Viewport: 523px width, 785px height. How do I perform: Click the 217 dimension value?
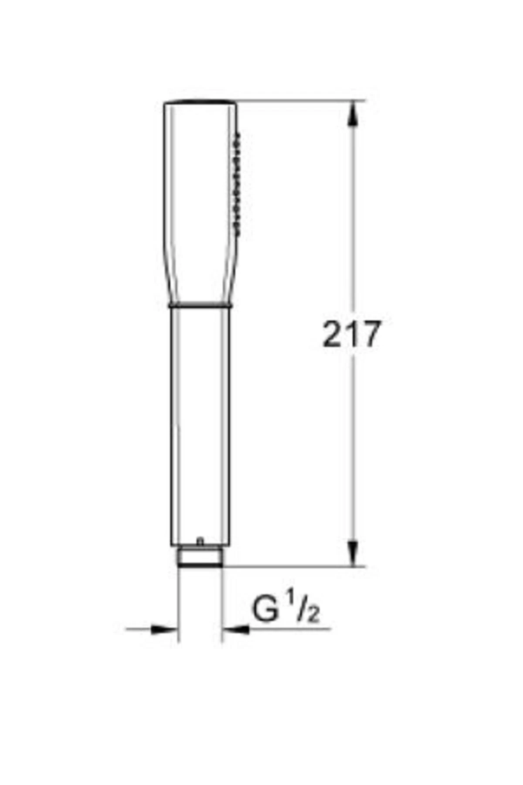point(351,334)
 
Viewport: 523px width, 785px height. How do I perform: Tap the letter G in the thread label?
point(265,609)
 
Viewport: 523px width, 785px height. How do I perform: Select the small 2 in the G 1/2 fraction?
point(314,615)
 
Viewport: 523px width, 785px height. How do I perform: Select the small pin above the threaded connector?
point(200,541)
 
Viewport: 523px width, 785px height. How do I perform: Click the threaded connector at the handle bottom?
point(200,557)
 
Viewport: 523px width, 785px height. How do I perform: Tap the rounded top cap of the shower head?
point(200,102)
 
